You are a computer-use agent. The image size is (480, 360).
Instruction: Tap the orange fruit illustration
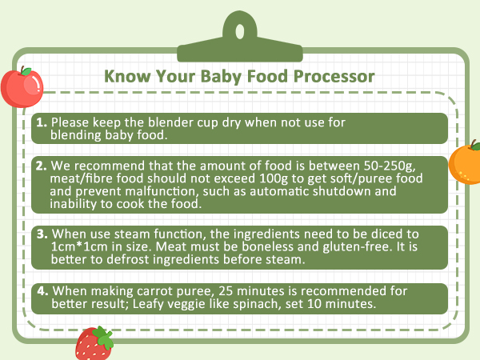[x=465, y=164]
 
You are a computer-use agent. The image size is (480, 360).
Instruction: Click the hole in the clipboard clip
[x=239, y=31]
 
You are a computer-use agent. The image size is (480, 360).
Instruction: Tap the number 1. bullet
[x=42, y=122]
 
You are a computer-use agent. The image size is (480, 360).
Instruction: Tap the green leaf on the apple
[x=27, y=71]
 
